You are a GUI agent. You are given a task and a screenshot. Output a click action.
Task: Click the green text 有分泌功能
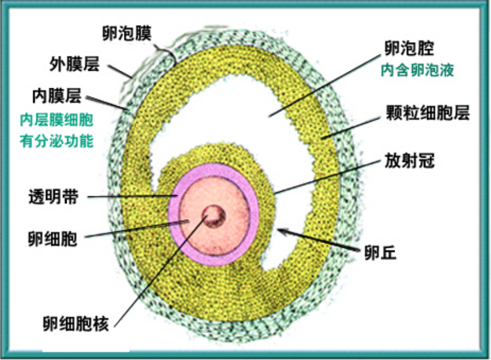pyautogui.click(x=56, y=141)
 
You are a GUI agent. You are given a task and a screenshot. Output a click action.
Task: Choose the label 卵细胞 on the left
pyautogui.click(x=52, y=238)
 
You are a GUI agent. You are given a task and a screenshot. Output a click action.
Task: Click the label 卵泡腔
pyautogui.click(x=409, y=48)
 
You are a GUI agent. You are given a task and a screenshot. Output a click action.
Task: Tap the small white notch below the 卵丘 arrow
pyautogui.click(x=275, y=257)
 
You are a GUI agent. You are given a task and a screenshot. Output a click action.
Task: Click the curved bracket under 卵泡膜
pyautogui.click(x=167, y=53)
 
